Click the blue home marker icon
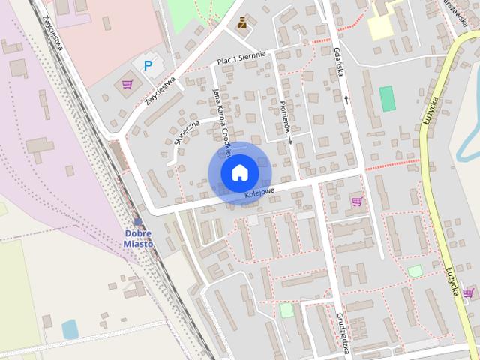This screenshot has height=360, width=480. [x=239, y=172]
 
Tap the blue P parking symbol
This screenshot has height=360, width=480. [x=147, y=66]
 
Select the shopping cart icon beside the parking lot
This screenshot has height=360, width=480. [x=127, y=83]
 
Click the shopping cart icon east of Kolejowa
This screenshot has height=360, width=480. [x=357, y=200]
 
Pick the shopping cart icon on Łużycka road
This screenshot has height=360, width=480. [x=468, y=292]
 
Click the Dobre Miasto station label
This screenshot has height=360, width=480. [x=139, y=238]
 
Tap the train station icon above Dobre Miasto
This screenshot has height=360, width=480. [x=137, y=222]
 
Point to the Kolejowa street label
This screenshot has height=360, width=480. [x=259, y=194]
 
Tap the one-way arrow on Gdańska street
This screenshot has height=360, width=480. [x=346, y=97]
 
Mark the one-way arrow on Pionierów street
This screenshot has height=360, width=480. [x=289, y=139]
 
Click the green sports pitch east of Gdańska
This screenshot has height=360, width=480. [x=387, y=98]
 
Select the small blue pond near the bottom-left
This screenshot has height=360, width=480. [x=70, y=328]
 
